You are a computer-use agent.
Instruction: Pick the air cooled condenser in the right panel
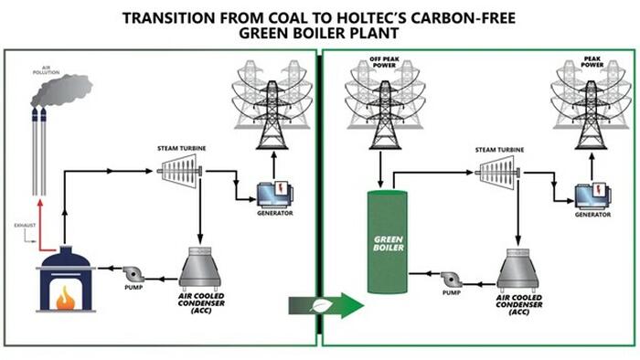pyautogui.click(x=528, y=271)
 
